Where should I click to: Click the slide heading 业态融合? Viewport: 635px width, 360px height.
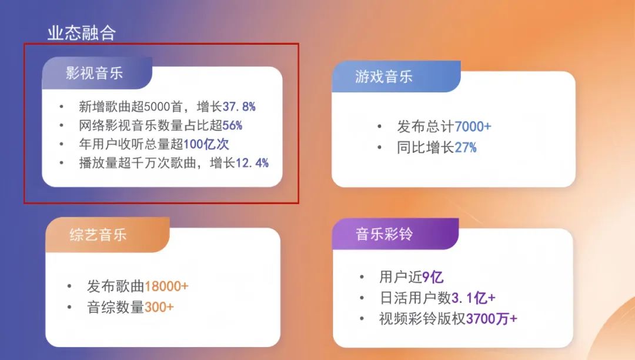coord(81,33)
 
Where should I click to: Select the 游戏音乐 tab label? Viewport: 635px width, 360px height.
coord(384,76)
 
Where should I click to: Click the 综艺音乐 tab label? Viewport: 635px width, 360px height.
coord(98,235)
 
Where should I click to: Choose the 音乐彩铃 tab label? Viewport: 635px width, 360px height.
coord(384,234)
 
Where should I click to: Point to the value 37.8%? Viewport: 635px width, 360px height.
coord(239,107)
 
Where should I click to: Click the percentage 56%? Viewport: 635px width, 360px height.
coord(232,125)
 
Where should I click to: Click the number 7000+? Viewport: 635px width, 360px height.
coord(473,127)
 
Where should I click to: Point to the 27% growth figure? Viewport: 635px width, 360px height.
coord(465,147)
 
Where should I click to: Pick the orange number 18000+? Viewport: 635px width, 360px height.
coord(166,286)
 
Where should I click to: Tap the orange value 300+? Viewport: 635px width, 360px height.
coord(159,307)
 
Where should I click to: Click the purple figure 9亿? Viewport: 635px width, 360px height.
coord(433,276)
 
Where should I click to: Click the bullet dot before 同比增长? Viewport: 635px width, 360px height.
coord(380,147)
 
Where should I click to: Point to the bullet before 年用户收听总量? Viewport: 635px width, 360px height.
coord(62,144)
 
